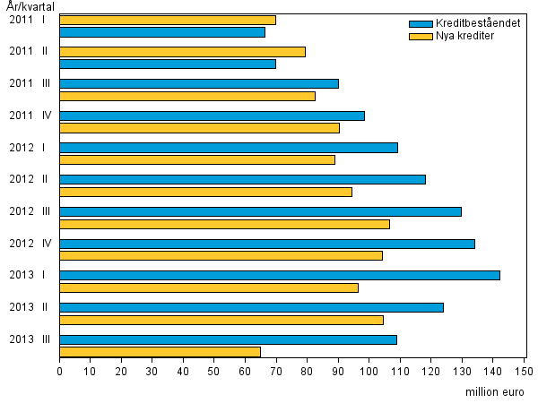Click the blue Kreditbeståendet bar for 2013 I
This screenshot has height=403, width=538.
click(279, 275)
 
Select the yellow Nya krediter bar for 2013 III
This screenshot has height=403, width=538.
click(160, 352)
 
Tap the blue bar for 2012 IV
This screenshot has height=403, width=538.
click(266, 244)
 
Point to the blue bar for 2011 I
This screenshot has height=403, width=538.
click(161, 32)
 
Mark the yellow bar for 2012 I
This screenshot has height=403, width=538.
click(196, 159)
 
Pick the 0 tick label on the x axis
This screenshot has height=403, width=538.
click(59, 370)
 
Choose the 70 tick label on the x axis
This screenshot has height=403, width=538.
click(276, 370)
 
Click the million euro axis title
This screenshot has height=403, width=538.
click(495, 391)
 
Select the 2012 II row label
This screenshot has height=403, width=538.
click(29, 179)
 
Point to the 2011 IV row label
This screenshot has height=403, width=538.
click(29, 115)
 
